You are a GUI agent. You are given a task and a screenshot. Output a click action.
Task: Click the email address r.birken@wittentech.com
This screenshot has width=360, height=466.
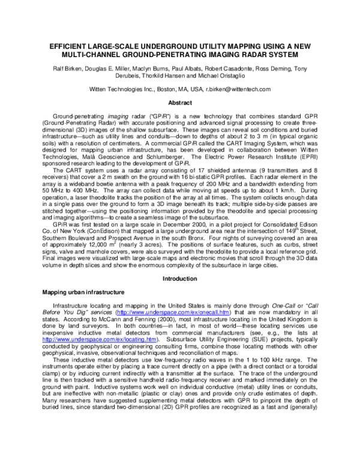238,89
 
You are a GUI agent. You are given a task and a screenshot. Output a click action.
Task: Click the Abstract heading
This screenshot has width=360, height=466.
180,103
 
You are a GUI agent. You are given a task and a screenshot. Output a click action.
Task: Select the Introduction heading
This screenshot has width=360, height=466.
180,279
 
